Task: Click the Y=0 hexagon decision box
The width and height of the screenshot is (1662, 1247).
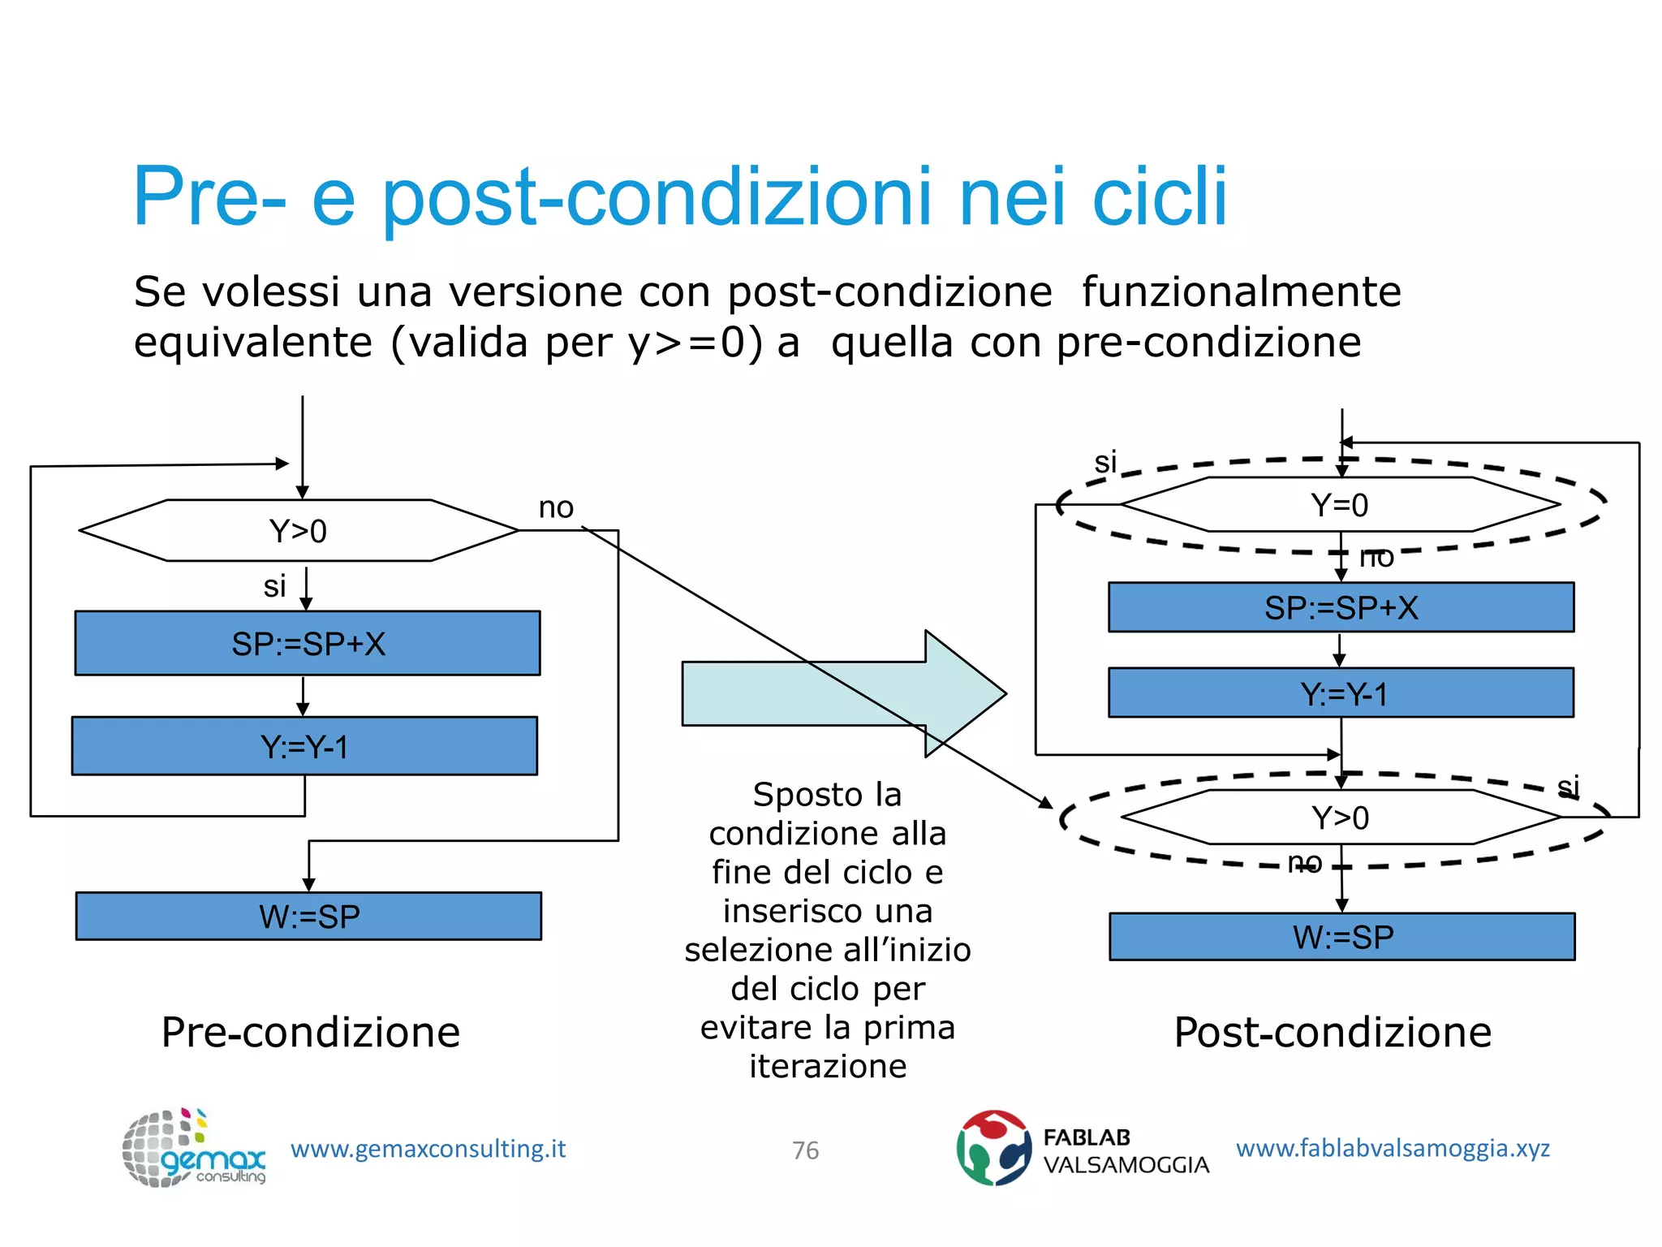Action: tap(1340, 505)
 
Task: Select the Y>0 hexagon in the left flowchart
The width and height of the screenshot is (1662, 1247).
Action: tap(299, 531)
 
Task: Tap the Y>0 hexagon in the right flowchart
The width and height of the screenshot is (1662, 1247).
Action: tap(1341, 818)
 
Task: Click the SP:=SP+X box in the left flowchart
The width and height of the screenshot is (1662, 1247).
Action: tap(308, 644)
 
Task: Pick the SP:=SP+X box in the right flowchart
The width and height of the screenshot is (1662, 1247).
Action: tap(1341, 607)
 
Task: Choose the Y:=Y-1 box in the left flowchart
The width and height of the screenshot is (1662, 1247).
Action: tap(304, 746)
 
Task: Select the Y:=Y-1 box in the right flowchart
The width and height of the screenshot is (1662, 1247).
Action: tap(1341, 693)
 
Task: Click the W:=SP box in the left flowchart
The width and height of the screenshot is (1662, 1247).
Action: tap(308, 917)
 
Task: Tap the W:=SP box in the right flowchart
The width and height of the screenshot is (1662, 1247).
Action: tap(1342, 937)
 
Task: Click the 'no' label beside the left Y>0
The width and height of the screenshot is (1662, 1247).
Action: tap(556, 508)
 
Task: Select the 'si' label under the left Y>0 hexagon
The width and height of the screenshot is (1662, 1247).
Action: tap(274, 586)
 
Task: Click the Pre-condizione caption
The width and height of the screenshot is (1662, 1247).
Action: tap(310, 1033)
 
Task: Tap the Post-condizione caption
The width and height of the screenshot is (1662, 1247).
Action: tap(1333, 1033)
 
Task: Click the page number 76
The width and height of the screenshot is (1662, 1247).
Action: tap(805, 1150)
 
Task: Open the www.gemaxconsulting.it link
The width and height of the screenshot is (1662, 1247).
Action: tap(428, 1149)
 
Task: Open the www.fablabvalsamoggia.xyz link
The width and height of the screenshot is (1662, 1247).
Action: tap(1393, 1148)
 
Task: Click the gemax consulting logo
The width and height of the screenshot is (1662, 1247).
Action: tap(193, 1148)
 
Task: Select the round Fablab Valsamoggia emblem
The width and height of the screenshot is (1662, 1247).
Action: tap(993, 1148)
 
